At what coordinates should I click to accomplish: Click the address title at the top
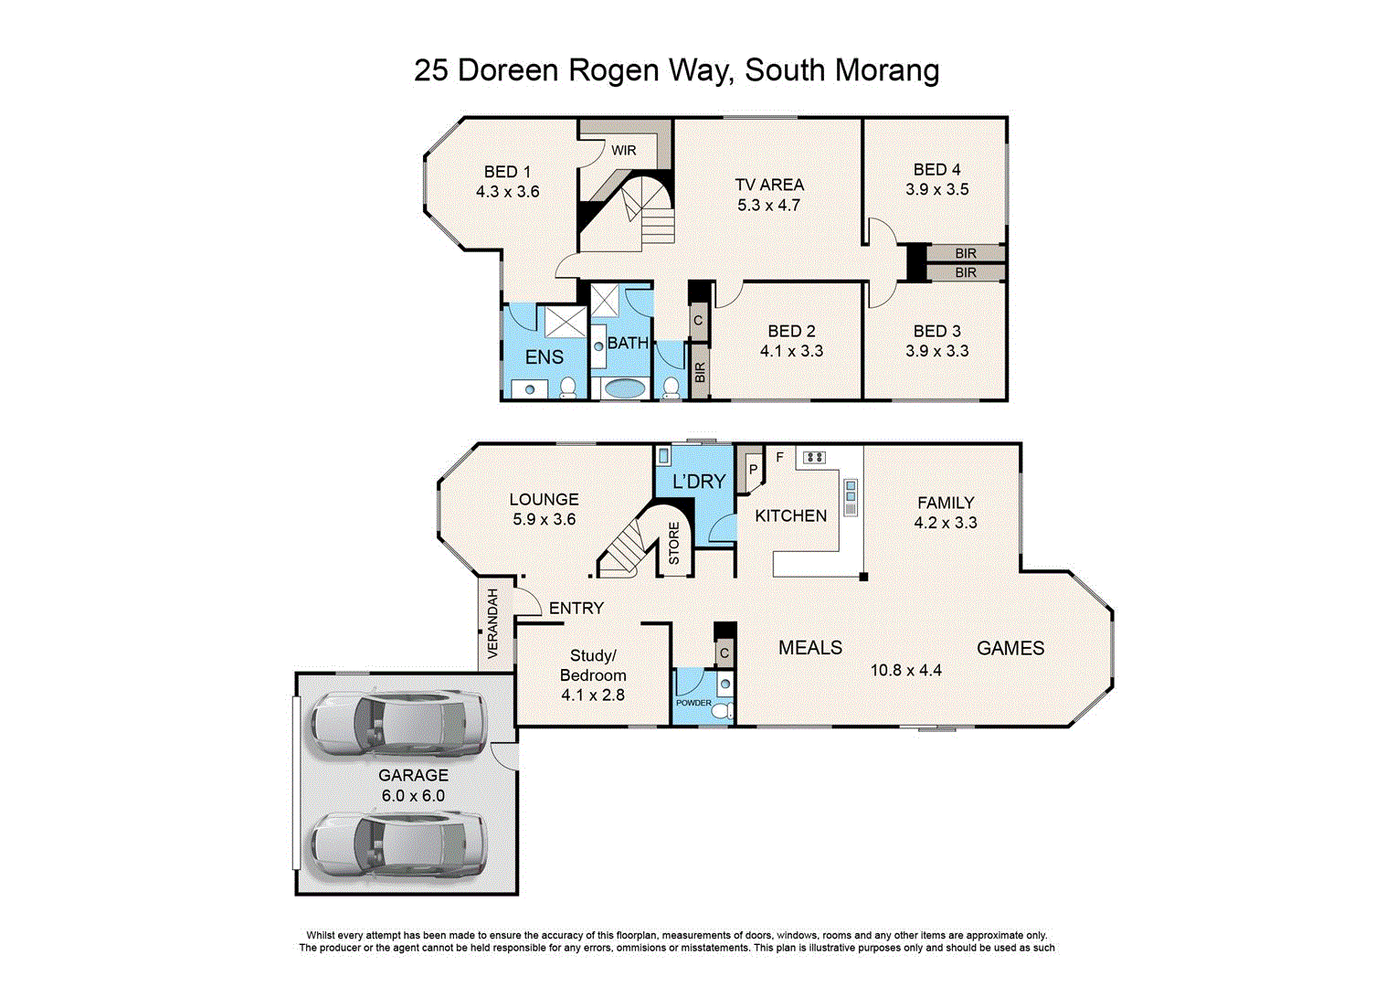676,70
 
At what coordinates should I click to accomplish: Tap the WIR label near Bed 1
624,151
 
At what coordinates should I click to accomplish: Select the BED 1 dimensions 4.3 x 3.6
507,192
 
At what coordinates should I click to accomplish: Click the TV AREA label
769,185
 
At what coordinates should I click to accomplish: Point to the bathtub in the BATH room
624,388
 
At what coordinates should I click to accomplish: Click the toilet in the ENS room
568,387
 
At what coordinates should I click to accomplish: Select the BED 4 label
936,170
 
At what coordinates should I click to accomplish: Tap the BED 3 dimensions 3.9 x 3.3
936,351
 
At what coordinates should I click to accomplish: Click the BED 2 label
791,331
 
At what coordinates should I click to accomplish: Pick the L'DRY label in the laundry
699,482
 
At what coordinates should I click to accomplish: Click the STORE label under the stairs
674,543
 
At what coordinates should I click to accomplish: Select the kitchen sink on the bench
851,497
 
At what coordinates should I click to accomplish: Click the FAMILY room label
946,503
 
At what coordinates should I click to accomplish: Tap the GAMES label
1010,648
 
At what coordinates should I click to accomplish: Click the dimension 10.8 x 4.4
905,670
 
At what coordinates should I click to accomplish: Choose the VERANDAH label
493,623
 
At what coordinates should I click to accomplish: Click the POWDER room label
693,703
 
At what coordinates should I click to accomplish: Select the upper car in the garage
397,721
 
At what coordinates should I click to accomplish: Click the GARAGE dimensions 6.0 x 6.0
413,796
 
